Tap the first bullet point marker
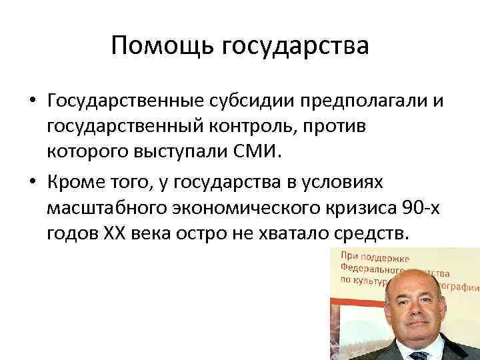[x=32, y=101]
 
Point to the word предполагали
[x=365, y=101]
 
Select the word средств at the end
[x=382, y=235]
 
